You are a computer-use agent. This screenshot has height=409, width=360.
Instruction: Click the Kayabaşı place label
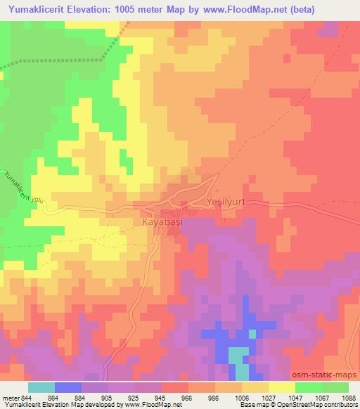coord(153,220)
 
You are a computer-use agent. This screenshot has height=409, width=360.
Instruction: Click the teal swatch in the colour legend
coord(41,387)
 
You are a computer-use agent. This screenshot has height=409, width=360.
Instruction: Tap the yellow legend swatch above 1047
coord(282,387)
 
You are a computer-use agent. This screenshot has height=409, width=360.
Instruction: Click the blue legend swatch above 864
coord(67,387)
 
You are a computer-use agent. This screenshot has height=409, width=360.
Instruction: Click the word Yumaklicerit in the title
coord(34,10)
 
